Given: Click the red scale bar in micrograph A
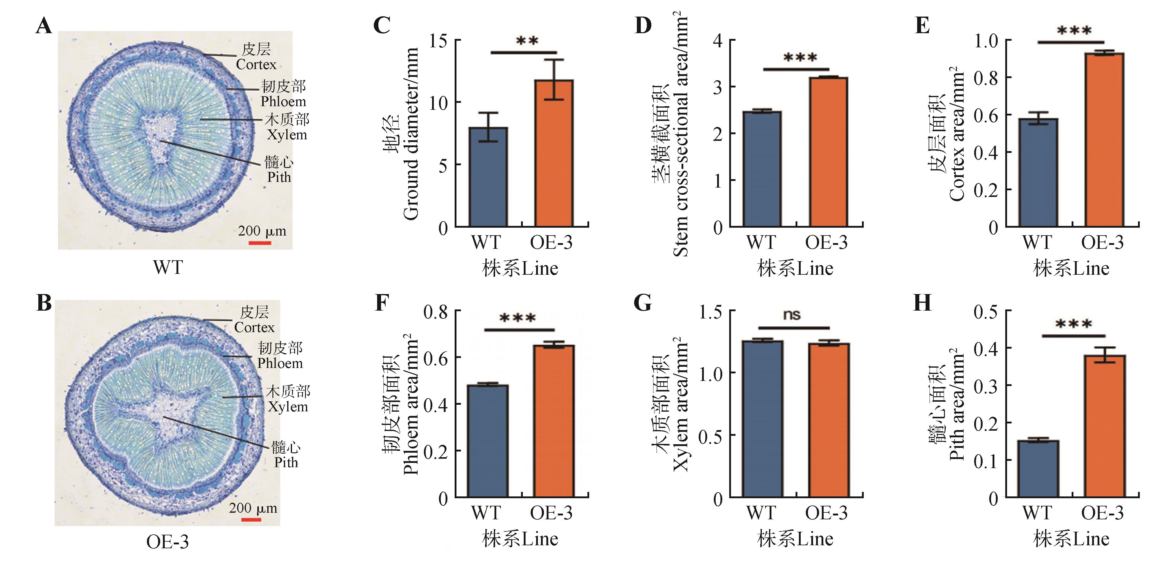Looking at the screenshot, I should [x=260, y=243].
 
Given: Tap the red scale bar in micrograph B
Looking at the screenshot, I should [x=251, y=519].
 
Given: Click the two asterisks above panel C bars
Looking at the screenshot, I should [x=527, y=41].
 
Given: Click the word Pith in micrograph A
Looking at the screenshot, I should [x=279, y=177].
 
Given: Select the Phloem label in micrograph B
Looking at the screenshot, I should [x=280, y=363].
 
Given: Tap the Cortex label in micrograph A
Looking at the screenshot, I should [x=256, y=64].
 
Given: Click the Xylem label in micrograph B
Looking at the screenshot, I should [x=288, y=407].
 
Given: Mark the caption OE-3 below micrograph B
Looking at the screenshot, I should [x=167, y=542].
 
